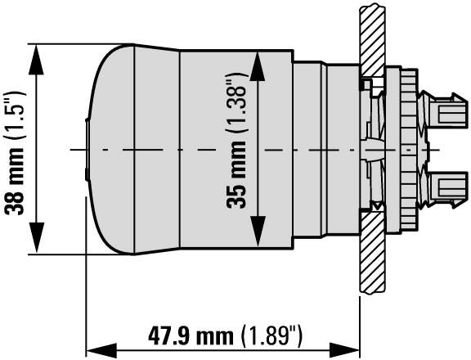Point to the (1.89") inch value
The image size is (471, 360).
click(x=273, y=337)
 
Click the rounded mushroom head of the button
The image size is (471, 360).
click(x=131, y=147)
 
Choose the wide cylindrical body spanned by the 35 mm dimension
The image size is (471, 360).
click(x=213, y=147)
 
